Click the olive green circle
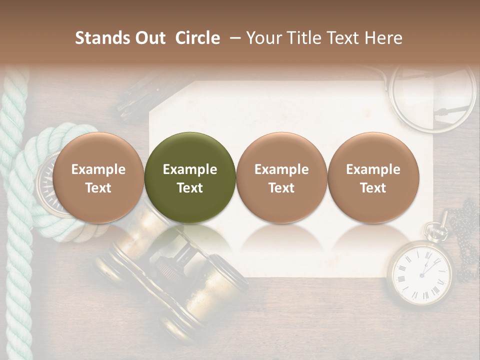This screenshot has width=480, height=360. click(x=190, y=177)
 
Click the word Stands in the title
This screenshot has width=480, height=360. click(x=102, y=38)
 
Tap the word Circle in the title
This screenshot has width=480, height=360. click(x=197, y=38)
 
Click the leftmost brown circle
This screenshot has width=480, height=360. click(x=98, y=177)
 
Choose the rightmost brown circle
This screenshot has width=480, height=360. click(x=373, y=177)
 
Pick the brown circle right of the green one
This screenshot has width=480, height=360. click(x=281, y=177)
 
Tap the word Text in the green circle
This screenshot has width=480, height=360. click(x=190, y=188)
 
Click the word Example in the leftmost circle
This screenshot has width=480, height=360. click(x=98, y=169)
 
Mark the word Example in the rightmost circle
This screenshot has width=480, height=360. click(x=373, y=169)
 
